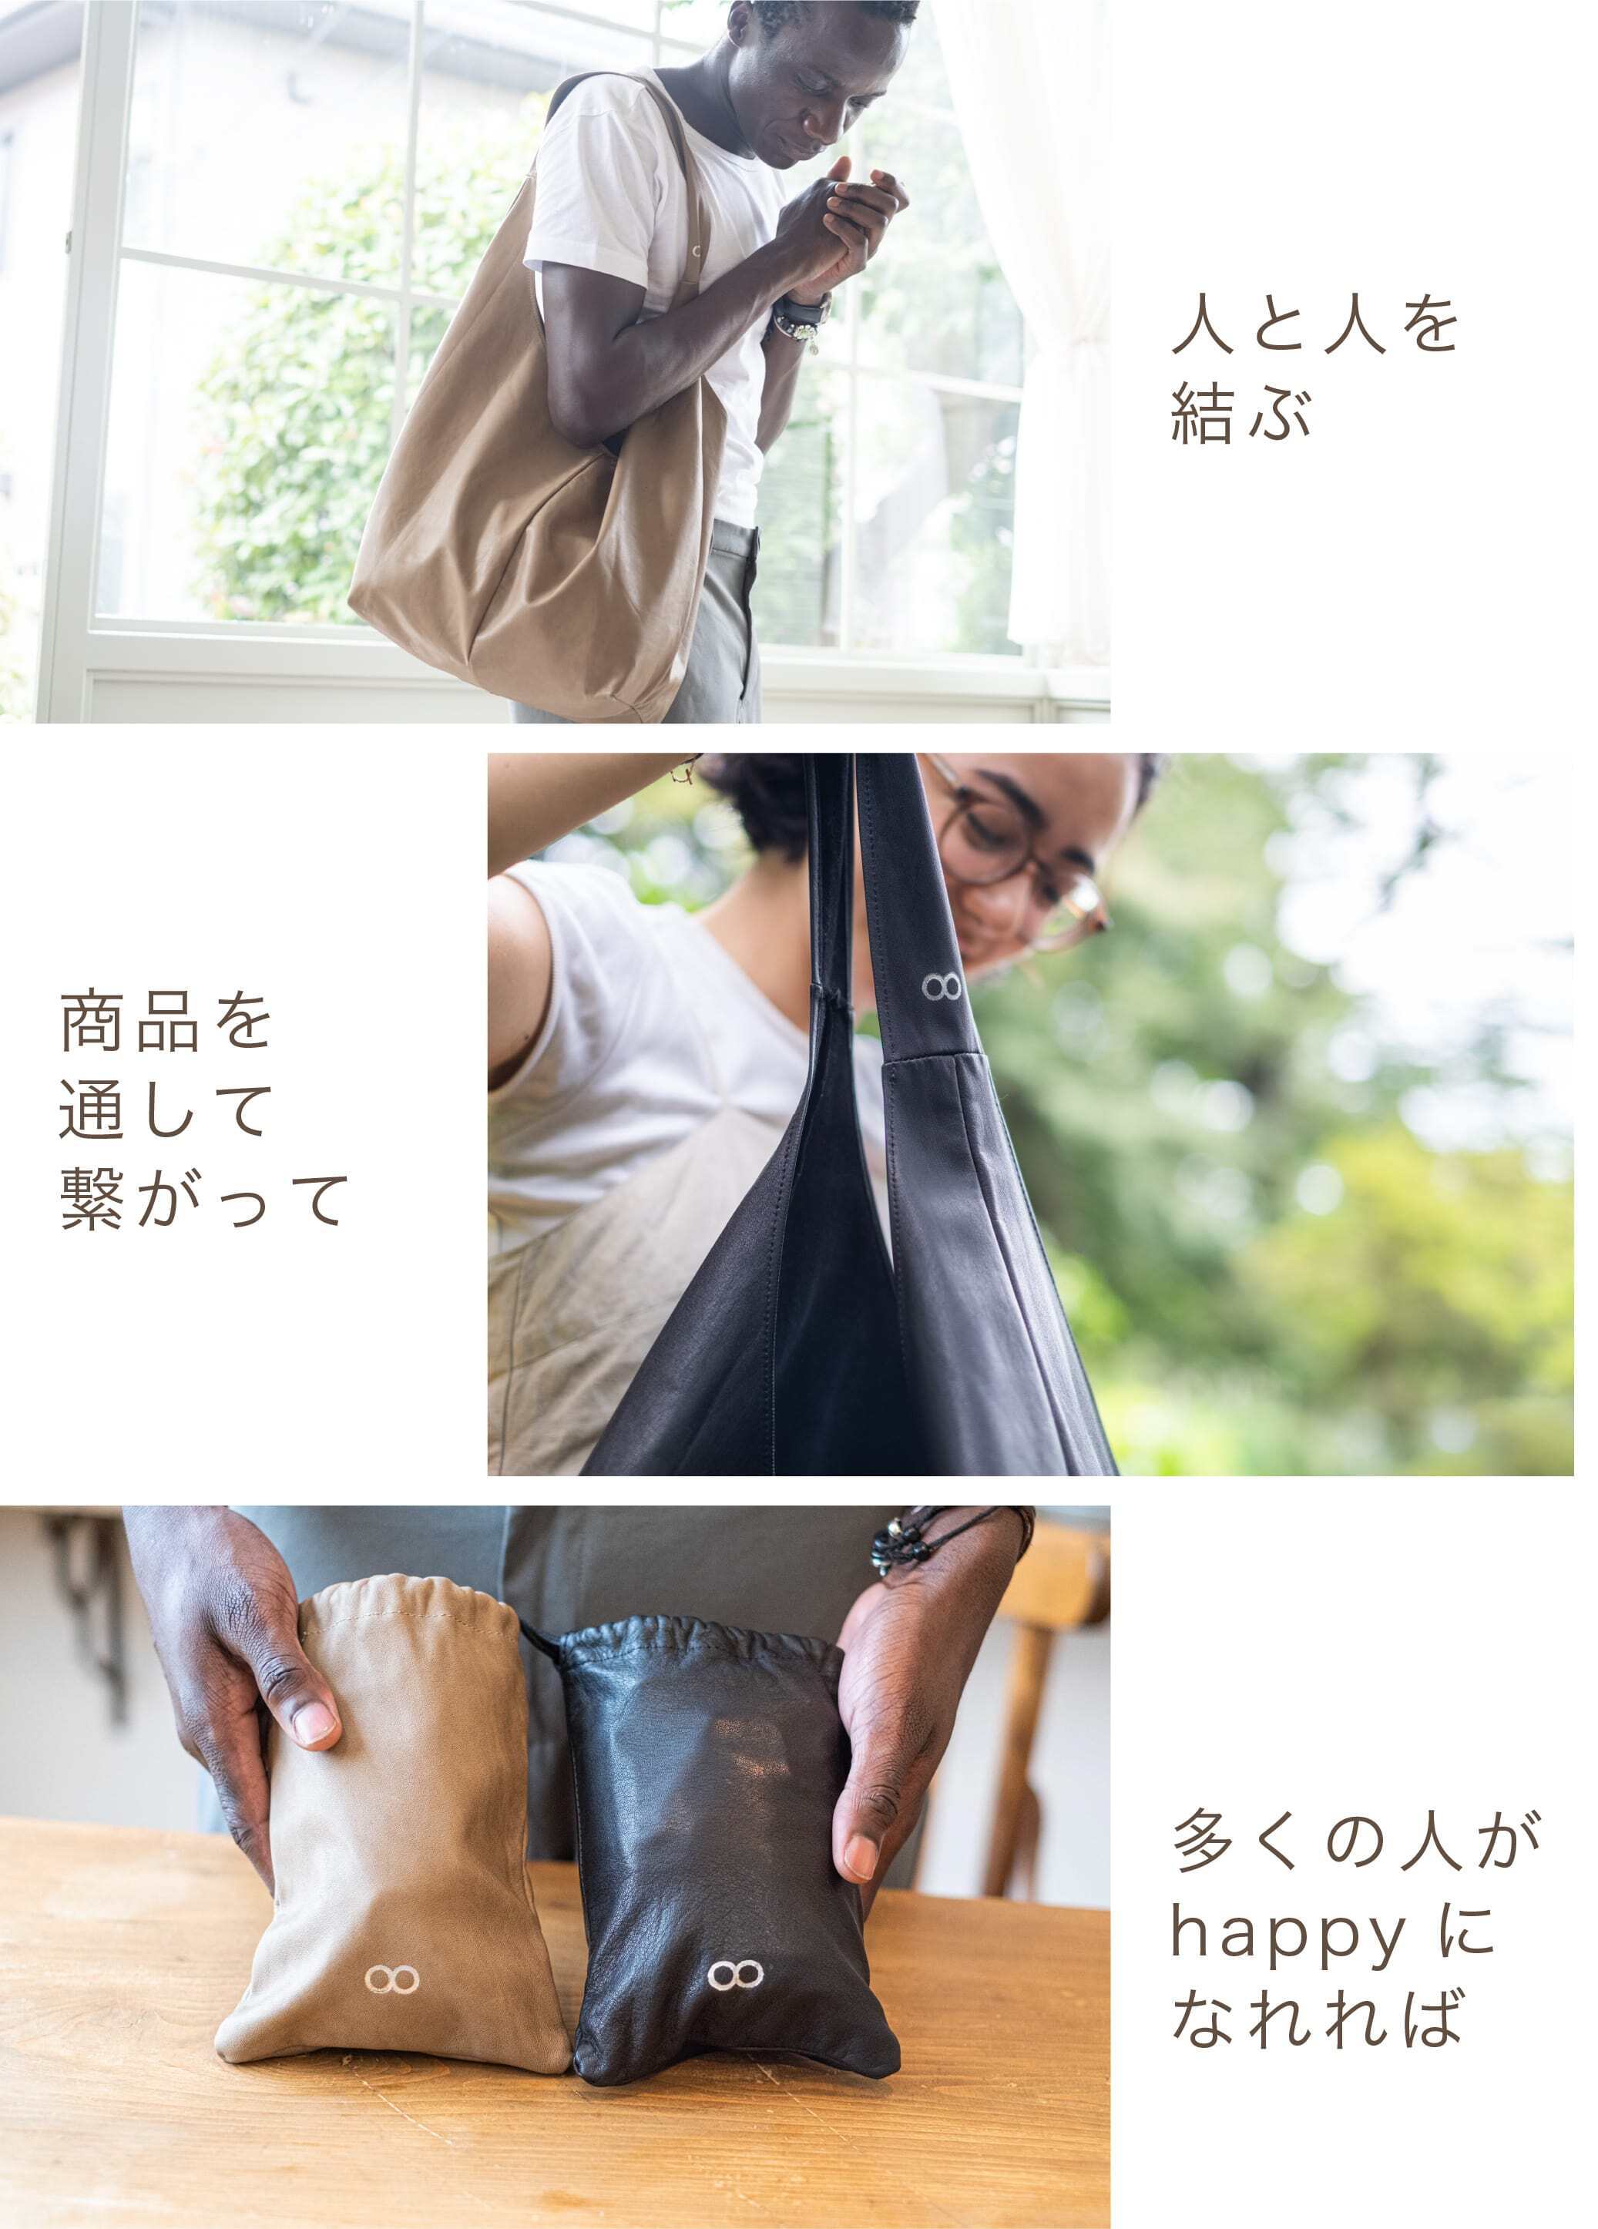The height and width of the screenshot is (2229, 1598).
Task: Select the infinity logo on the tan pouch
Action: [x=392, y=1979]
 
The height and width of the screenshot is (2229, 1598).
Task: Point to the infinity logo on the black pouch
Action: [x=735, y=1975]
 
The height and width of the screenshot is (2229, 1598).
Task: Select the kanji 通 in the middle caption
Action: [x=92, y=1112]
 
